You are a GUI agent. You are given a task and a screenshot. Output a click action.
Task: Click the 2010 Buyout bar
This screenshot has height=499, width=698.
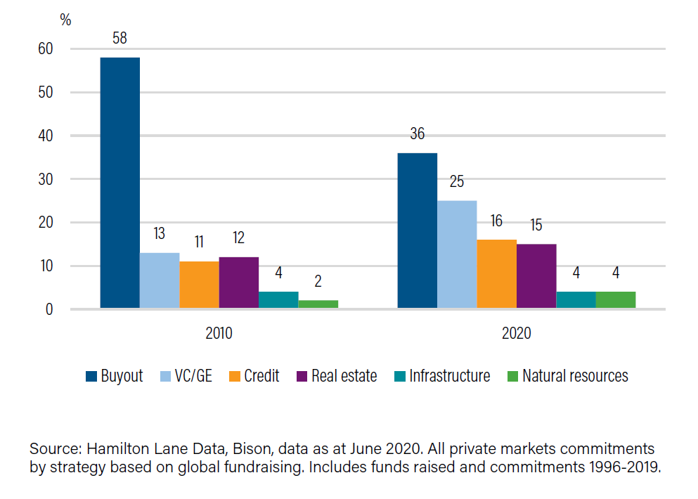[x=119, y=183]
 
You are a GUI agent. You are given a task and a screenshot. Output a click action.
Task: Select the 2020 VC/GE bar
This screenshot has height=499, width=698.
[x=457, y=254]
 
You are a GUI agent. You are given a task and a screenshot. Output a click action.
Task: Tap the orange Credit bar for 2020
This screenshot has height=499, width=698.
[x=496, y=274]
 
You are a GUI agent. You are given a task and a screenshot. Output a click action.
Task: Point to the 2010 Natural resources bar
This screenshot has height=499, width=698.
[x=318, y=304]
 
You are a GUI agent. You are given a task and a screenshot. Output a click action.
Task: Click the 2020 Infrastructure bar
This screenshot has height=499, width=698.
[x=576, y=300]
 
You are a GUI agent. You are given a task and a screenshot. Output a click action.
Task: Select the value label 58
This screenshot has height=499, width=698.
[x=119, y=38]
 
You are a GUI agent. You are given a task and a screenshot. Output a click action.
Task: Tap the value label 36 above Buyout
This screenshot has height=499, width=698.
[x=417, y=134]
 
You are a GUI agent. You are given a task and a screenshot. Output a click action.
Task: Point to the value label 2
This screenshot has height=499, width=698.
[x=318, y=282]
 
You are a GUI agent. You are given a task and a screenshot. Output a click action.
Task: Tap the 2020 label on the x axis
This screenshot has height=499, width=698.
[x=517, y=333]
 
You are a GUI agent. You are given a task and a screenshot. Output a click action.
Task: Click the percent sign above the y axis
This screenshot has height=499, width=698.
[x=65, y=20]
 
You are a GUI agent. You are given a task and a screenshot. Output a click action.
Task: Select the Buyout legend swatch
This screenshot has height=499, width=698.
[x=91, y=377]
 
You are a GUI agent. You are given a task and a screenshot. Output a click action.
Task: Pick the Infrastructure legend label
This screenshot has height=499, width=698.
[x=451, y=376]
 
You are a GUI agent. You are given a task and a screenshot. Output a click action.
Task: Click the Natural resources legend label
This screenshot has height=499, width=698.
[x=575, y=376]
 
